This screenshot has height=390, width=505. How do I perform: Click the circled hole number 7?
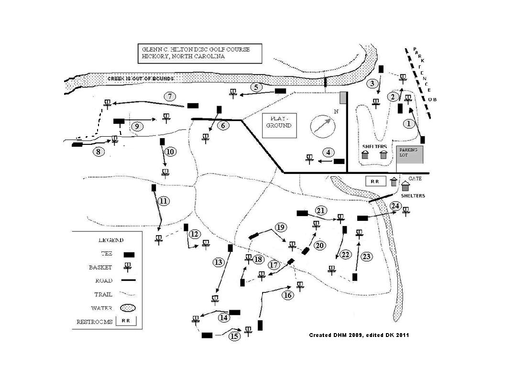(170, 96)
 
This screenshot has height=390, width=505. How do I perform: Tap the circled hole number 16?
(287, 295)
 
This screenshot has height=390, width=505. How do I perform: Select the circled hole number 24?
(395, 206)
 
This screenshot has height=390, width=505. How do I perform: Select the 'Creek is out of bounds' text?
(140, 78)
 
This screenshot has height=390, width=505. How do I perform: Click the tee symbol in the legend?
(129, 254)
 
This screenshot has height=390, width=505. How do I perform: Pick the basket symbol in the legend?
(128, 268)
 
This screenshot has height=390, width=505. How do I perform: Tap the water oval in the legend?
(128, 308)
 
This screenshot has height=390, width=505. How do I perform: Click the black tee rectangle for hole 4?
(339, 162)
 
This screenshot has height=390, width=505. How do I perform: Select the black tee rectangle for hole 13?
(230, 248)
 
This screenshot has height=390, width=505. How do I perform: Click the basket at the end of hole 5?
(233, 93)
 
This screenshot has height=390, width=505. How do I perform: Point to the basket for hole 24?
(406, 211)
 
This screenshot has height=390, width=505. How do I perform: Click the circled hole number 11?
(163, 201)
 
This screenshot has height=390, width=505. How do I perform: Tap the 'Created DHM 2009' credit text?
(359, 335)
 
